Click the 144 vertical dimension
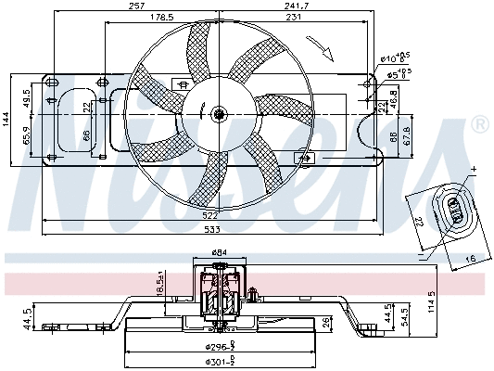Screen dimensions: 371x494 6,118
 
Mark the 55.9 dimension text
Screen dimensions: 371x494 27,137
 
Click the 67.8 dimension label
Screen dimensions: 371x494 409,138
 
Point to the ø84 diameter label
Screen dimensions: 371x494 219,251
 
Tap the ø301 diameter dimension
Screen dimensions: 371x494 219,362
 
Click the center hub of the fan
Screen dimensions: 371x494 219,115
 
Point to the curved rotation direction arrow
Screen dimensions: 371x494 323,46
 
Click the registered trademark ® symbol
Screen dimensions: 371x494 479,123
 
